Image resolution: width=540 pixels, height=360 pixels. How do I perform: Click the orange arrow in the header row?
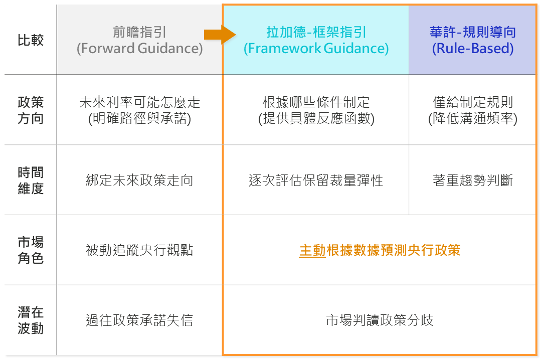coord(220,35)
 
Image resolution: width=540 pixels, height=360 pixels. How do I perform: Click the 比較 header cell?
coord(31,40)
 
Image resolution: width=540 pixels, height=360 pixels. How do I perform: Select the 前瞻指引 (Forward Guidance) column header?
coord(139,40)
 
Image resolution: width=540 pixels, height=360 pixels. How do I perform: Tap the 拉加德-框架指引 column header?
coord(316,40)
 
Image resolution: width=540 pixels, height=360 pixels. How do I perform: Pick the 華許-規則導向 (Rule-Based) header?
coord(473,40)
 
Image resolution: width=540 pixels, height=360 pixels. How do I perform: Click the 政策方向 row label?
coord(31,110)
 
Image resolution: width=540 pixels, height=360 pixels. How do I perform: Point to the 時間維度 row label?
coord(31,180)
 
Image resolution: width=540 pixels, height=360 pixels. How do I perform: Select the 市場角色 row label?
coord(31,250)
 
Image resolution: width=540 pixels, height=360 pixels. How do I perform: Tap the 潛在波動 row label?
coord(31,320)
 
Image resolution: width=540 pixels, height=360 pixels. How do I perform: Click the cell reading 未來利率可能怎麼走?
coord(139,110)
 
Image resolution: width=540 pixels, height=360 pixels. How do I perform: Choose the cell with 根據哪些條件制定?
coord(316,110)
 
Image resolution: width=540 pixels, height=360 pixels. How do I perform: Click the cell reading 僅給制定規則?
coord(473,110)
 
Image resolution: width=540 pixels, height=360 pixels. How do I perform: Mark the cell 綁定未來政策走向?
coord(139,180)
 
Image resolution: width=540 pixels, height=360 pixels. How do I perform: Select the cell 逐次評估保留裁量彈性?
coord(316,180)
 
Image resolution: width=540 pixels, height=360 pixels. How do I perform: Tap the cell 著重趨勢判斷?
coord(473,180)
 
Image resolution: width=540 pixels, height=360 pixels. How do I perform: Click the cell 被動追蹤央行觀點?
coord(139,250)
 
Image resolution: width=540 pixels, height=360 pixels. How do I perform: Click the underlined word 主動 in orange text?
coord(312,251)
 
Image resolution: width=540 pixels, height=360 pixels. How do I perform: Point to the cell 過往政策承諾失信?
coord(139,320)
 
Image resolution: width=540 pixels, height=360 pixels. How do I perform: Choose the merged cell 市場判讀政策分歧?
coord(380,320)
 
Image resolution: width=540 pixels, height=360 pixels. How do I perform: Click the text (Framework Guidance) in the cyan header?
coord(316,49)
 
